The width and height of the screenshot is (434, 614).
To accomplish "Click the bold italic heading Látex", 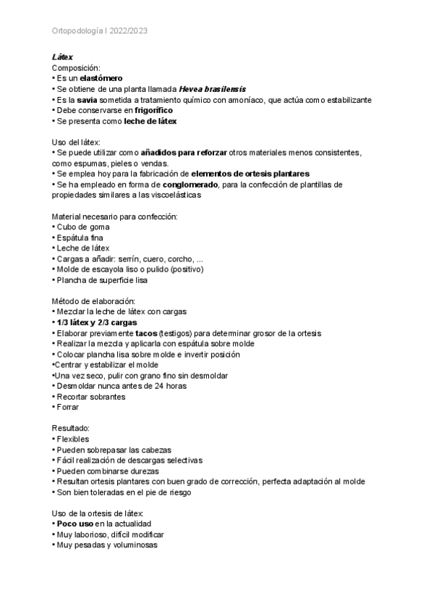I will (62, 56).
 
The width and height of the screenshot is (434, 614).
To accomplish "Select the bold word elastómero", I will (101, 77).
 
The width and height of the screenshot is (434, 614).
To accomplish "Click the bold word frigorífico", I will (153, 110).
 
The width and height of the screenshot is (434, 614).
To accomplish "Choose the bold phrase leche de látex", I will (150, 121).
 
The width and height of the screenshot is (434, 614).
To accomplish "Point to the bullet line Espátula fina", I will (83, 237).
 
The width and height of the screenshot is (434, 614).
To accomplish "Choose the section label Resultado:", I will (71, 427).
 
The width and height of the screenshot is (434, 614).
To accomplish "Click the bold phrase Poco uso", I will (75, 523).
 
